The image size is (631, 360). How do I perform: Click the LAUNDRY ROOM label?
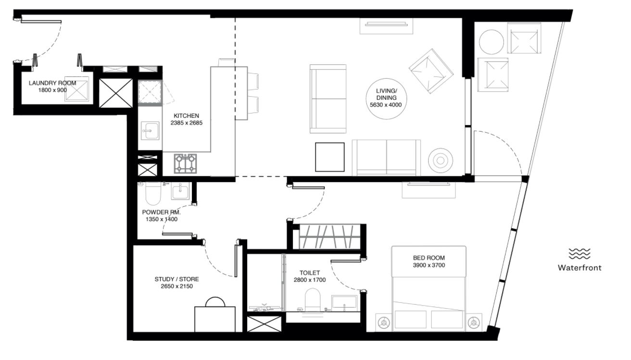point(52,83)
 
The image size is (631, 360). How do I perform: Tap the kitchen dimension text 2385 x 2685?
point(187,123)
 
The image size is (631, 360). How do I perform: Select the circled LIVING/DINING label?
point(386,98)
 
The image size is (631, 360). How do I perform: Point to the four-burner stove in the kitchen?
point(185,163)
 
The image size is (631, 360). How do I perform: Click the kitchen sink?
point(150,131)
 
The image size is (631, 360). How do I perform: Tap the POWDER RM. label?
point(161,212)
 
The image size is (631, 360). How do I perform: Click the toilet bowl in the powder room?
point(153,194)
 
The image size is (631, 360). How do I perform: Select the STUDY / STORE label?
point(177,279)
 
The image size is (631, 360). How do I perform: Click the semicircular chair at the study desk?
point(215,302)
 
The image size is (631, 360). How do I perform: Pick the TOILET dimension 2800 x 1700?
point(310,280)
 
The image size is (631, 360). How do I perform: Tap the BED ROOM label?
point(429,258)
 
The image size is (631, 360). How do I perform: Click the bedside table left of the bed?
point(384,323)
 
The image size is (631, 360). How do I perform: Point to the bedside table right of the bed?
point(474,323)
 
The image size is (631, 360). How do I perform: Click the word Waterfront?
point(580,267)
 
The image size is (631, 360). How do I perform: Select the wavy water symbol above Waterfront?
point(580,254)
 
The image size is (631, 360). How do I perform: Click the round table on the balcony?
point(491,42)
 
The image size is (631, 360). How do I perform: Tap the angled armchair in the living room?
point(431,71)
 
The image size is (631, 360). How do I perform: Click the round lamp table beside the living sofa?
point(441,161)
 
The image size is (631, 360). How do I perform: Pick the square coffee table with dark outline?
point(329,157)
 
